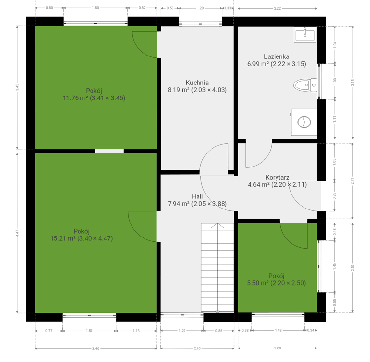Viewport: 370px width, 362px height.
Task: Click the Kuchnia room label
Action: (197, 83)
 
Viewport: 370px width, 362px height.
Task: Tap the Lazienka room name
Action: (277, 56)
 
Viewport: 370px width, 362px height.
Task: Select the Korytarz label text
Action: (277, 177)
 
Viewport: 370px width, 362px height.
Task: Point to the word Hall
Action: (197, 196)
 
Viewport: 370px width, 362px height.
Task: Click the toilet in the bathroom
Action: (305, 85)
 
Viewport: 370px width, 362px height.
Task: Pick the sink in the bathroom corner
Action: (305, 35)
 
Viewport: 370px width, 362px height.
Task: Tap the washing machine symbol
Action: (304, 122)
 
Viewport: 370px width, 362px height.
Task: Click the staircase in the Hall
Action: (217, 267)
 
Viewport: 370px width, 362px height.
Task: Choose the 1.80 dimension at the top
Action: (95, 8)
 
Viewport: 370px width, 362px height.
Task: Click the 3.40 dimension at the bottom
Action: (95, 348)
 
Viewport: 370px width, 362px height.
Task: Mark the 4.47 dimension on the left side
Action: (17, 233)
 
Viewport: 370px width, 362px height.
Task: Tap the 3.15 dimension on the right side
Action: (353, 82)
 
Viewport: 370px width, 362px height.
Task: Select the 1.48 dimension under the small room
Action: (278, 330)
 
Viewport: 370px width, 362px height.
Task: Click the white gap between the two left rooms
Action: (109, 151)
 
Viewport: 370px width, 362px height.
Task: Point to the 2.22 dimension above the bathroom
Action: (277, 8)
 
